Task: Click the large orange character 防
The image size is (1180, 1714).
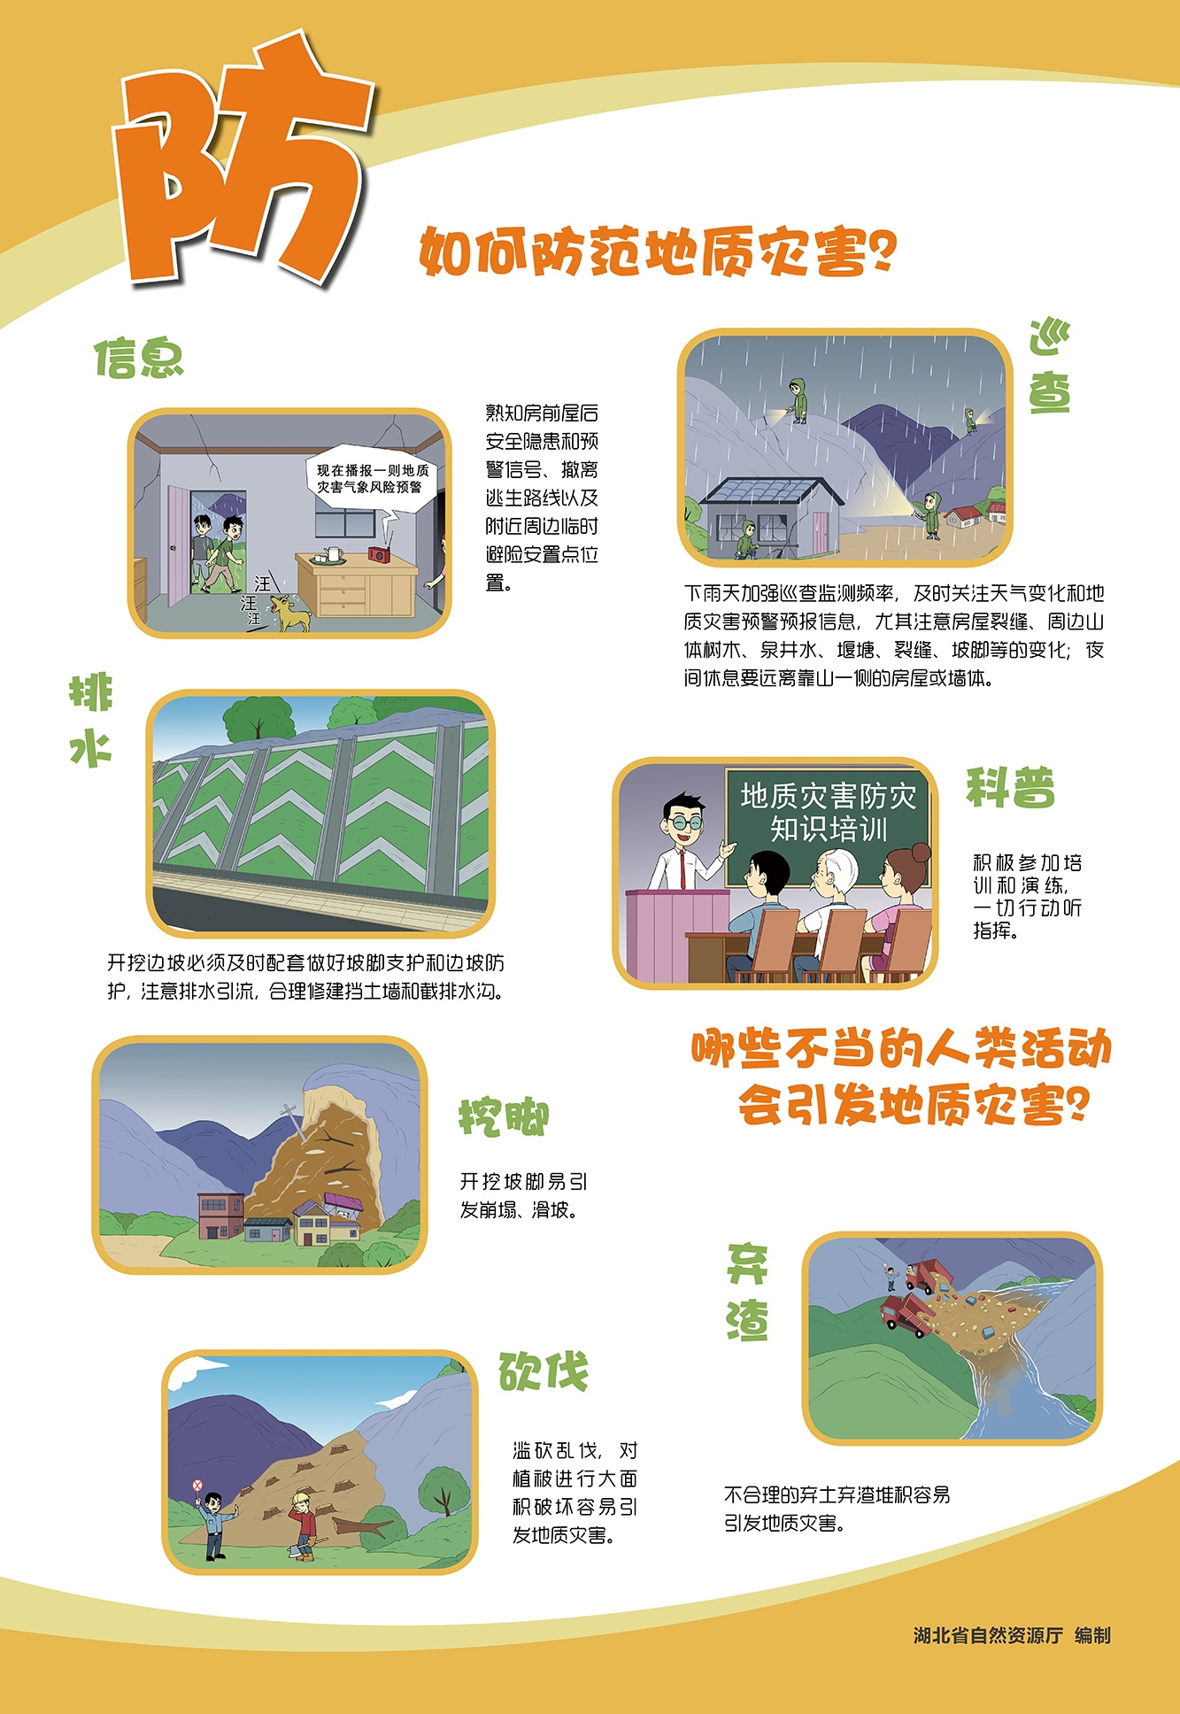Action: click(x=241, y=164)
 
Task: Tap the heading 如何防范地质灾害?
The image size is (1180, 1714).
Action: click(x=658, y=251)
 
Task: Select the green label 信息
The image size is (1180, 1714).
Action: click(x=139, y=359)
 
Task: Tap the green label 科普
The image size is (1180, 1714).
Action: click(x=1010, y=787)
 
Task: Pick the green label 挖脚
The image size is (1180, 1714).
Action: click(x=504, y=1117)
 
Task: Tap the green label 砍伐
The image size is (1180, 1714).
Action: click(x=544, y=1371)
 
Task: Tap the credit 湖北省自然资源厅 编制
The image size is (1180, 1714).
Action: click(x=1012, y=1635)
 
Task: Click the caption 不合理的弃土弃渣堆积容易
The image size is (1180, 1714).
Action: click(x=837, y=1494)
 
